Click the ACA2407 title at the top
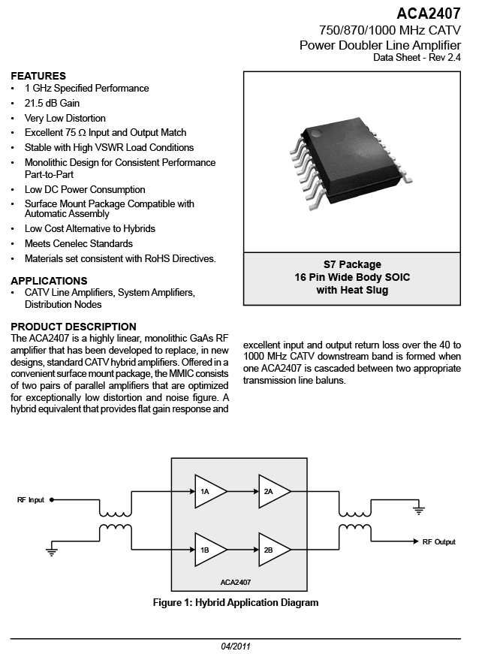tap(429, 14)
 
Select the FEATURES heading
tap(38, 76)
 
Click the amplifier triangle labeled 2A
tap(275, 491)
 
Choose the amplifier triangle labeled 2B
tap(275, 550)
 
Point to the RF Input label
tap(31, 499)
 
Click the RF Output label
tap(439, 542)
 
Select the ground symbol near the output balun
tap(418, 510)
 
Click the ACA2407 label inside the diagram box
tap(235, 582)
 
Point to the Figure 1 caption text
tap(236, 603)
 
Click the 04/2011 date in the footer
tap(236, 646)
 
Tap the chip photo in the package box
tap(351, 163)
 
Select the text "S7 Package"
tap(352, 264)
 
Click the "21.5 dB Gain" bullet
tap(52, 103)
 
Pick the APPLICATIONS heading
tap(50, 281)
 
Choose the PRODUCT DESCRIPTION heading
tap(74, 327)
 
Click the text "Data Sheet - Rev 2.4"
tap(417, 58)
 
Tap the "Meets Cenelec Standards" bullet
tap(78, 243)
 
